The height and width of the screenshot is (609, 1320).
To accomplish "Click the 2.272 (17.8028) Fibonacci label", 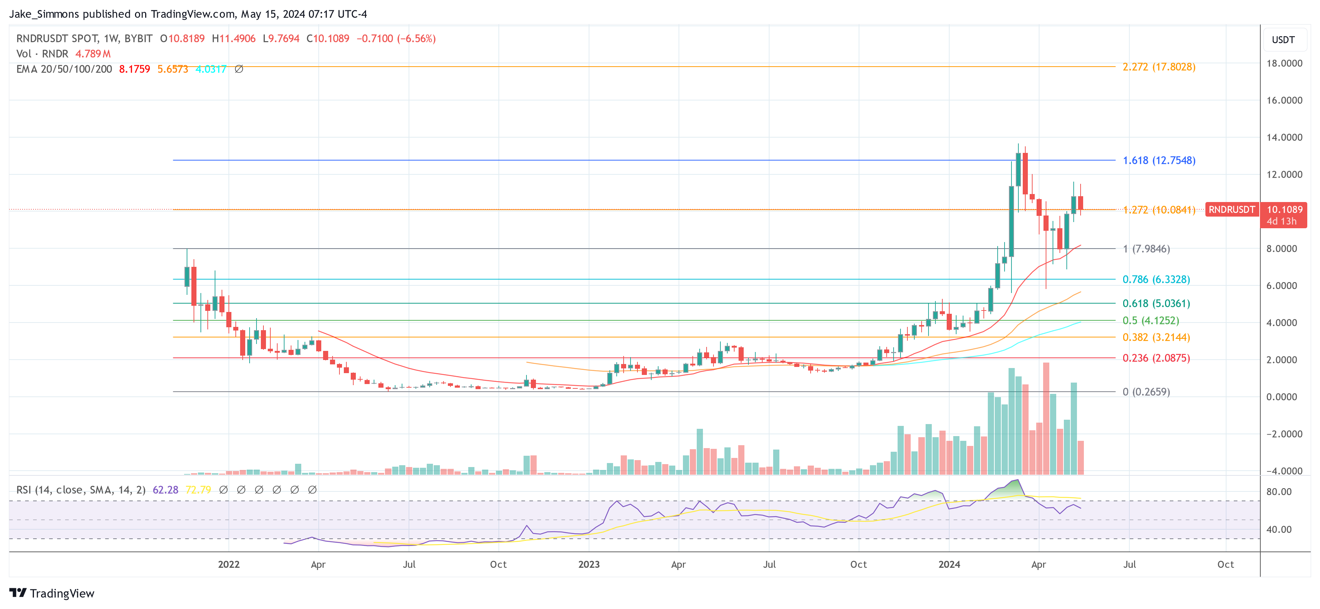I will click(x=1158, y=67).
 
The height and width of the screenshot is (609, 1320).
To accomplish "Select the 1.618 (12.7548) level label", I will click(x=1158, y=161).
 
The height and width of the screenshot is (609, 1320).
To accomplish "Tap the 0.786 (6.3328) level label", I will click(x=1156, y=279).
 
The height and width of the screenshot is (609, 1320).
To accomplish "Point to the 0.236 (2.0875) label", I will click(x=1156, y=358).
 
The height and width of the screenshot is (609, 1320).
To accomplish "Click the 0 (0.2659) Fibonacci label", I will click(x=1146, y=392).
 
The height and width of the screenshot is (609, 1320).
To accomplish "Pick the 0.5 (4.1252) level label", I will click(x=1150, y=320).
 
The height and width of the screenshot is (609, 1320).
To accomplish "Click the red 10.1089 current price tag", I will click(x=1284, y=210).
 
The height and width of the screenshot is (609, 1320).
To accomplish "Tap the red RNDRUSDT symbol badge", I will click(x=1231, y=210).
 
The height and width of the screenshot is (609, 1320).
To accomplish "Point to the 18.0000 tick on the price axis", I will click(x=1284, y=63).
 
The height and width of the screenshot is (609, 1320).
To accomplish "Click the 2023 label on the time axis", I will click(x=589, y=564).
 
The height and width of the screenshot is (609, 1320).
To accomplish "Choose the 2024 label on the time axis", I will click(x=949, y=564).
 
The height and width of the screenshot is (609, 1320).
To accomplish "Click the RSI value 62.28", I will click(x=166, y=490).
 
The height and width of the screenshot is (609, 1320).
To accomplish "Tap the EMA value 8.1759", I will click(x=134, y=69).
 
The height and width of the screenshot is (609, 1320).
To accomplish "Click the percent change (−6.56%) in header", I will click(x=416, y=39).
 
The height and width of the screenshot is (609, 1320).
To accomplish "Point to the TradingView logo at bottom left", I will click(x=52, y=593).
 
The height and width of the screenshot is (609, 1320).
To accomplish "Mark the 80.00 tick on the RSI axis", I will click(x=1279, y=492).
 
